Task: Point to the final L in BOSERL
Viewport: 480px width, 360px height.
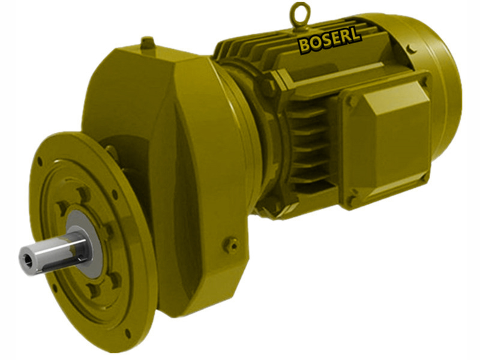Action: point(356,35)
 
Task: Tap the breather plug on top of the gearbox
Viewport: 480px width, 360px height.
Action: point(147,43)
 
